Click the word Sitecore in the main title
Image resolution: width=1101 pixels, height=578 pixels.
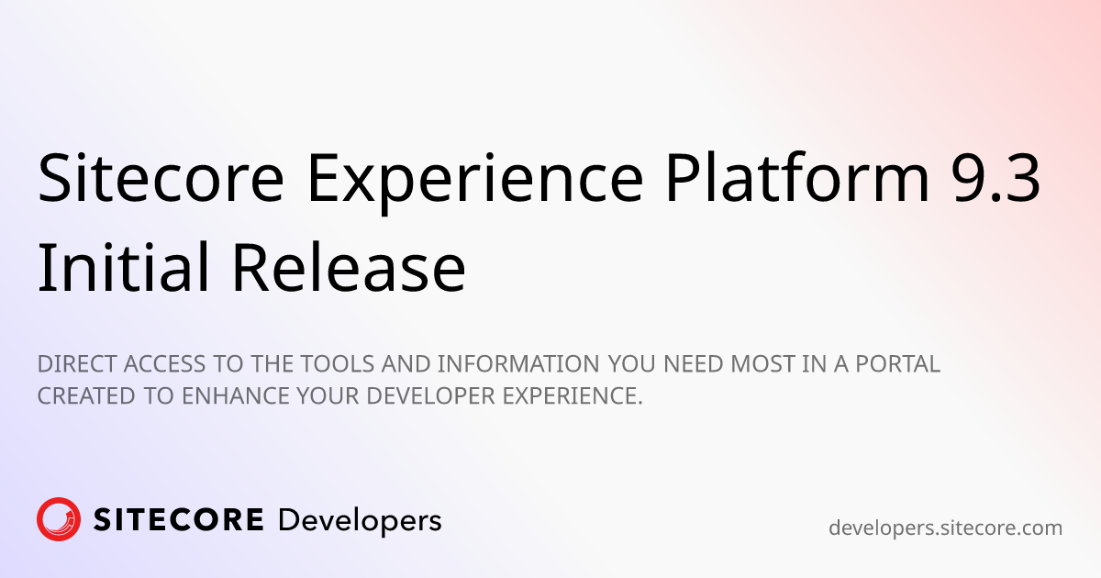tap(161, 177)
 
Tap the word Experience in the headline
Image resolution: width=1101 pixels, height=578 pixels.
tap(475, 183)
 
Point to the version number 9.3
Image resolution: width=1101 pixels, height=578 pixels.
tap(995, 178)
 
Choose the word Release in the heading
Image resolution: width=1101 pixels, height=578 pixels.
tap(349, 268)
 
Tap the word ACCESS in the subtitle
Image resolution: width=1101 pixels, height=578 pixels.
tap(164, 364)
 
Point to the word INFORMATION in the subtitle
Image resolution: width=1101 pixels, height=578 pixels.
tap(518, 364)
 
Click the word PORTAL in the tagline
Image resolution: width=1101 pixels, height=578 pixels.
tap(897, 364)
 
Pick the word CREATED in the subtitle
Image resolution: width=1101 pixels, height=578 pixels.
tap(86, 396)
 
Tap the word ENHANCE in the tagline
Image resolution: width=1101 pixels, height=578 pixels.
tap(236, 396)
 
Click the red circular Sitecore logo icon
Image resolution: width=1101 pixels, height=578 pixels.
tap(59, 519)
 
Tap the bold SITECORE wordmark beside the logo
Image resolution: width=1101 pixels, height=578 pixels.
tap(178, 520)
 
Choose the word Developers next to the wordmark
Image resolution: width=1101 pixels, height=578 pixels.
tap(360, 522)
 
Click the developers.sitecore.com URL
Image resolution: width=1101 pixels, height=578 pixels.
tap(945, 528)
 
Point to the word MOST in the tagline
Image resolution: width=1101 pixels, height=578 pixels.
tap(762, 364)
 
